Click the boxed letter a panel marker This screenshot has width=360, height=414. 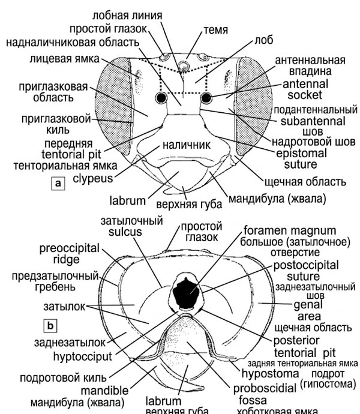(58, 184)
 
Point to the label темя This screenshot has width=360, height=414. (215, 28)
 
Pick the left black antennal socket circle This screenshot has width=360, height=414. (161, 98)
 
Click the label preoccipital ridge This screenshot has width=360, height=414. (67, 254)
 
